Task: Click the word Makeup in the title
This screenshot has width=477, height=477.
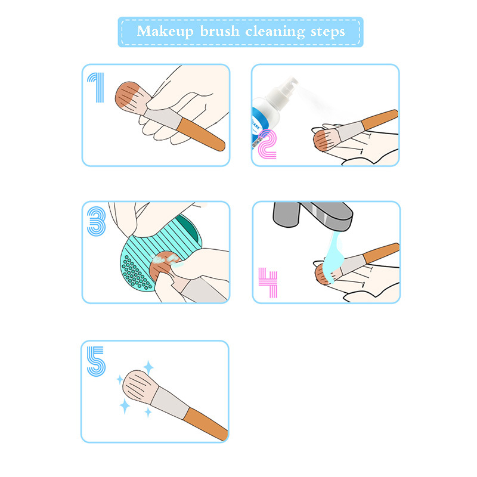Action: [165, 32]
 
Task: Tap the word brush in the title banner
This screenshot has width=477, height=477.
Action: [219, 31]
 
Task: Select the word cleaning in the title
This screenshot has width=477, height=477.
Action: [275, 32]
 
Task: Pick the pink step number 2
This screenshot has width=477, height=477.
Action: [267, 144]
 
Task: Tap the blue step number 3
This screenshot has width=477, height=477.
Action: [97, 221]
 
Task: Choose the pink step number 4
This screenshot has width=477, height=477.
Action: [268, 282]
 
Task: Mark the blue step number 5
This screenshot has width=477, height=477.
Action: [96, 361]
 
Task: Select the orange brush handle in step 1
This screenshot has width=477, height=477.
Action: [202, 135]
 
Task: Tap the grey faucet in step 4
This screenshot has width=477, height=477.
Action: [314, 215]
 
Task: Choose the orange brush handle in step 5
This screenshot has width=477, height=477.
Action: [206, 423]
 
